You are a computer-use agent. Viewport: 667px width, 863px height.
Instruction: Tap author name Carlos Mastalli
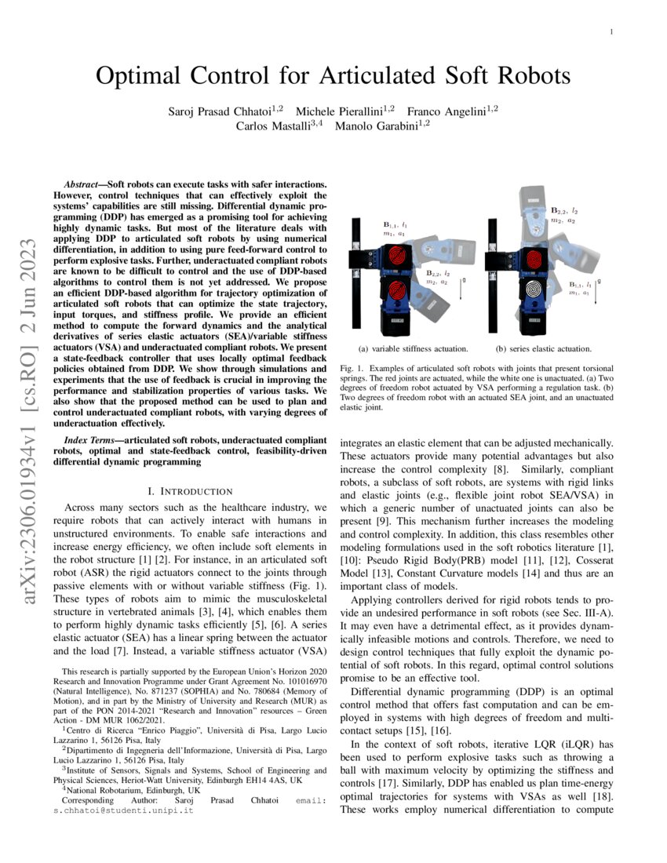[x=274, y=125]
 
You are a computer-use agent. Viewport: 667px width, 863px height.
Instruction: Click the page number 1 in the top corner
[x=610, y=32]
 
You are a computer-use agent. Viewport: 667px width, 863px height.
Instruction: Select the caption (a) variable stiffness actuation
[x=413, y=348]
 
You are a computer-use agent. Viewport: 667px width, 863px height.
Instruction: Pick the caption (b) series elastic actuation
[x=543, y=348]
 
